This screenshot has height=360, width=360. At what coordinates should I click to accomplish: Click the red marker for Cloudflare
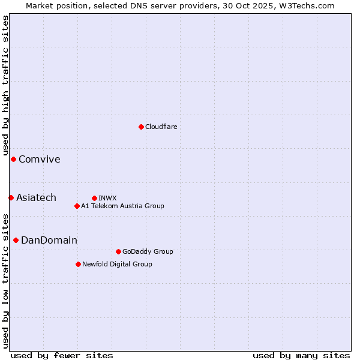(141, 127)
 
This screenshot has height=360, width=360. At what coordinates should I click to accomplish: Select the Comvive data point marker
(13, 159)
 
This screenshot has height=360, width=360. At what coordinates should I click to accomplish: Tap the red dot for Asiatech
(11, 197)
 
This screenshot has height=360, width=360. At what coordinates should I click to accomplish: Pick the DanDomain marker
(16, 240)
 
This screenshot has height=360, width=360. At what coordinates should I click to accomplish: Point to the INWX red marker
(94, 198)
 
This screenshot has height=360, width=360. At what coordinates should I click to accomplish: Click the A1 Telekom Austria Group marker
(77, 206)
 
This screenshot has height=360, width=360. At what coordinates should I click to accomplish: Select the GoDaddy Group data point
(118, 251)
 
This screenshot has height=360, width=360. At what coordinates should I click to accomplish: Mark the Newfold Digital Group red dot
(78, 264)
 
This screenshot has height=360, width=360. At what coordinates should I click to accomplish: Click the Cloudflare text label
(161, 127)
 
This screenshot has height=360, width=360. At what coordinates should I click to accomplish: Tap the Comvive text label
(40, 159)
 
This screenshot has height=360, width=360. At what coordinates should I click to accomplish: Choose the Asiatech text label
(36, 197)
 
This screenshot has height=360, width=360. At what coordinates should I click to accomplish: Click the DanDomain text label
(49, 240)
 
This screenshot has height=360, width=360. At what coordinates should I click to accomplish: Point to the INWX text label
(107, 198)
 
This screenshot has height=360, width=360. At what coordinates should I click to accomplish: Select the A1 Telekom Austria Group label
(122, 206)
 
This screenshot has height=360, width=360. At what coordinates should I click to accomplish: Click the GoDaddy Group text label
(148, 251)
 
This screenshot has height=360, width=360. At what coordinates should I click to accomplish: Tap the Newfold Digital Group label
(117, 264)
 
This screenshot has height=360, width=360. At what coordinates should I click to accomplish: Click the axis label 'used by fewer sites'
(62, 355)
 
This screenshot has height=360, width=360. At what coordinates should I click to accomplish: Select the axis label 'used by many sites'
(301, 355)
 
